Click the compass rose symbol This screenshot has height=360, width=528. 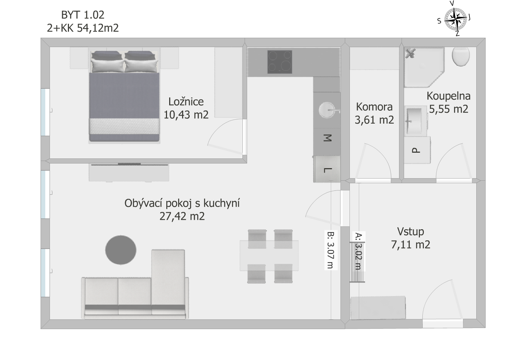click(455, 19)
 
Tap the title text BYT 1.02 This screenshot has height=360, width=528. click(83, 15)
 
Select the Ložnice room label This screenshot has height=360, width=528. click(186, 102)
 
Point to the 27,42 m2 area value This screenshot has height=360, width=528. click(182, 216)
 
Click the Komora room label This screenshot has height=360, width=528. click(374, 107)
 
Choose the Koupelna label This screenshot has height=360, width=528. click(449, 96)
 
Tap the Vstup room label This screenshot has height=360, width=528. click(411, 231)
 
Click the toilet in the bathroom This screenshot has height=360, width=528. click(461, 56)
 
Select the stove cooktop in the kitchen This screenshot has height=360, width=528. click(279, 62)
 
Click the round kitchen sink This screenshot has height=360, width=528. click(327, 110)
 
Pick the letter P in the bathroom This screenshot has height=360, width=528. click(416, 150)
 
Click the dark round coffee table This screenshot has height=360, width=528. click(121, 250)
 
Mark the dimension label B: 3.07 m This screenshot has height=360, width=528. click(331, 250)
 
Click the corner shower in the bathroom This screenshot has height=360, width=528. click(424, 67)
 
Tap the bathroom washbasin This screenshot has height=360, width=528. click(416, 121)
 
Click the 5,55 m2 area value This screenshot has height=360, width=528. click(449, 109)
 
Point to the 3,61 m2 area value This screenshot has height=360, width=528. click(374, 120)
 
